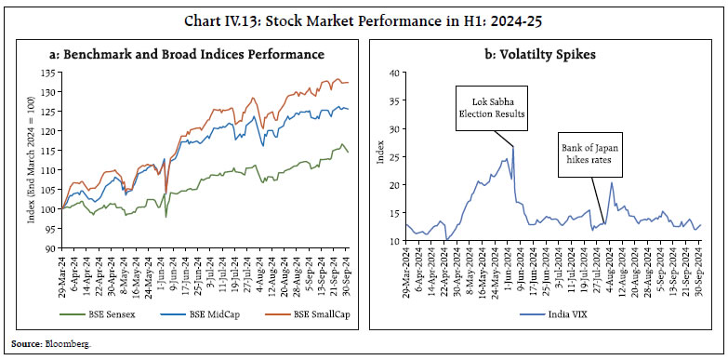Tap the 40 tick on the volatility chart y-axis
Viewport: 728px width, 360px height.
pyautogui.click(x=394, y=73)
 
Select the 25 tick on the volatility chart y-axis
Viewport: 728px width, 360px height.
pyautogui.click(x=394, y=157)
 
